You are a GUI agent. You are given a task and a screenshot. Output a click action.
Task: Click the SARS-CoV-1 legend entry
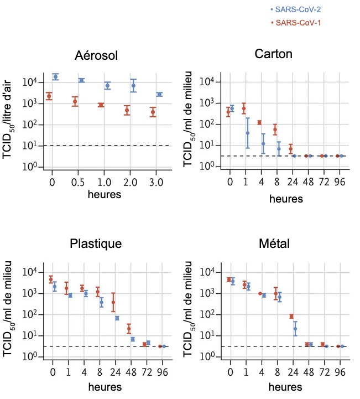click(295, 23)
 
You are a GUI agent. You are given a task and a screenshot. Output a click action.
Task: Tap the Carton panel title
click(274, 54)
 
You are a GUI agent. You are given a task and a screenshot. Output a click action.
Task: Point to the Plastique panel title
click(96, 244)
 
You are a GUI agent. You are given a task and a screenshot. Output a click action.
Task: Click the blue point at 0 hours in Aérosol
click(55, 76)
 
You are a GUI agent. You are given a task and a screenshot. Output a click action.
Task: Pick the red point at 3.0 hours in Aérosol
click(153, 112)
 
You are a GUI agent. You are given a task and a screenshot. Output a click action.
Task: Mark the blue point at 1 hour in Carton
click(248, 133)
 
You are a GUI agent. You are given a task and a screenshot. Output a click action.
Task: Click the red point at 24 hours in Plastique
click(113, 302)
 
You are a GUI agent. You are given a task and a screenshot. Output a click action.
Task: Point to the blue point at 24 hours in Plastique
click(117, 318)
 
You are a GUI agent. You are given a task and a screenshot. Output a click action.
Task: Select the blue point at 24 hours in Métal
click(295, 329)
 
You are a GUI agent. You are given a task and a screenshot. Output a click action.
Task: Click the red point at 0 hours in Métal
click(229, 279)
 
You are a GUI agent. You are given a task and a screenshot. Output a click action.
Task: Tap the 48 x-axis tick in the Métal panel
click(309, 371)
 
